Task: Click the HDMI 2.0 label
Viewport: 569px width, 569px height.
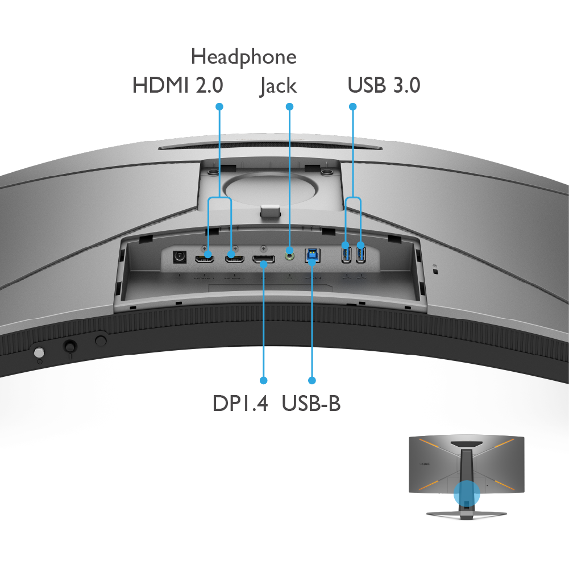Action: click(x=177, y=85)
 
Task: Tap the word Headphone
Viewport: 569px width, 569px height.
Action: click(x=243, y=57)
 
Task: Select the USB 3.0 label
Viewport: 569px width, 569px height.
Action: click(x=384, y=85)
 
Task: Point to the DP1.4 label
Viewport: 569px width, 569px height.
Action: click(x=240, y=403)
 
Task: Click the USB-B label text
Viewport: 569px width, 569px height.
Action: click(x=311, y=403)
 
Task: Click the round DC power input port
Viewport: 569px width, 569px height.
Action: click(x=180, y=257)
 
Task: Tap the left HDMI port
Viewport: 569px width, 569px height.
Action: click(x=204, y=259)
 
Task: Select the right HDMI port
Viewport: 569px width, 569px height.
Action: click(x=234, y=259)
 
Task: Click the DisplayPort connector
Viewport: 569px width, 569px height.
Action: click(x=263, y=259)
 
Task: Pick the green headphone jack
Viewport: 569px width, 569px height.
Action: click(x=289, y=256)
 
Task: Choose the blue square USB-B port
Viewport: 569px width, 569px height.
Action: click(x=312, y=255)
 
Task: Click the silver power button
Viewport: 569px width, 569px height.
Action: click(x=39, y=352)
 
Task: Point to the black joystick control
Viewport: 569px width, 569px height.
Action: click(x=70, y=347)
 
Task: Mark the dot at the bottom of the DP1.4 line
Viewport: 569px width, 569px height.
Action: click(x=264, y=380)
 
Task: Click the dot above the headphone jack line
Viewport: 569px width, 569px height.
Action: click(x=289, y=107)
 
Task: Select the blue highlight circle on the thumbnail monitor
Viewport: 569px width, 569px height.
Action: click(x=467, y=494)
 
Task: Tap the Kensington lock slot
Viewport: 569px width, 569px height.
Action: click(x=436, y=271)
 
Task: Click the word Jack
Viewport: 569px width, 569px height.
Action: click(x=279, y=86)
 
